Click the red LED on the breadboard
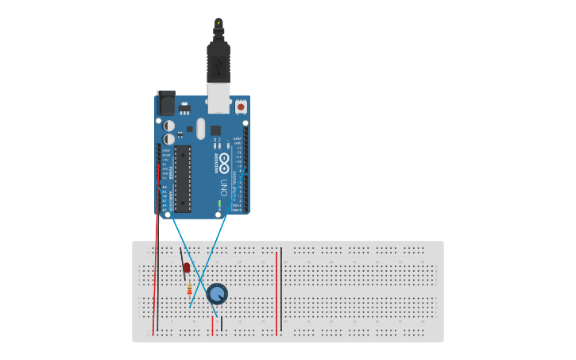coord(187,268)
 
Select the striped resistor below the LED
coord(189,288)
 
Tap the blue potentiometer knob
coord(217,294)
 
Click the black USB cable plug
coord(218,59)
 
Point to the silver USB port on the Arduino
coord(218,99)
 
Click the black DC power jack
coord(167,103)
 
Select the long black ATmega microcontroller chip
coord(183,179)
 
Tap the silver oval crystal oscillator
coord(200,129)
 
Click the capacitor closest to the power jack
coord(168,126)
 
